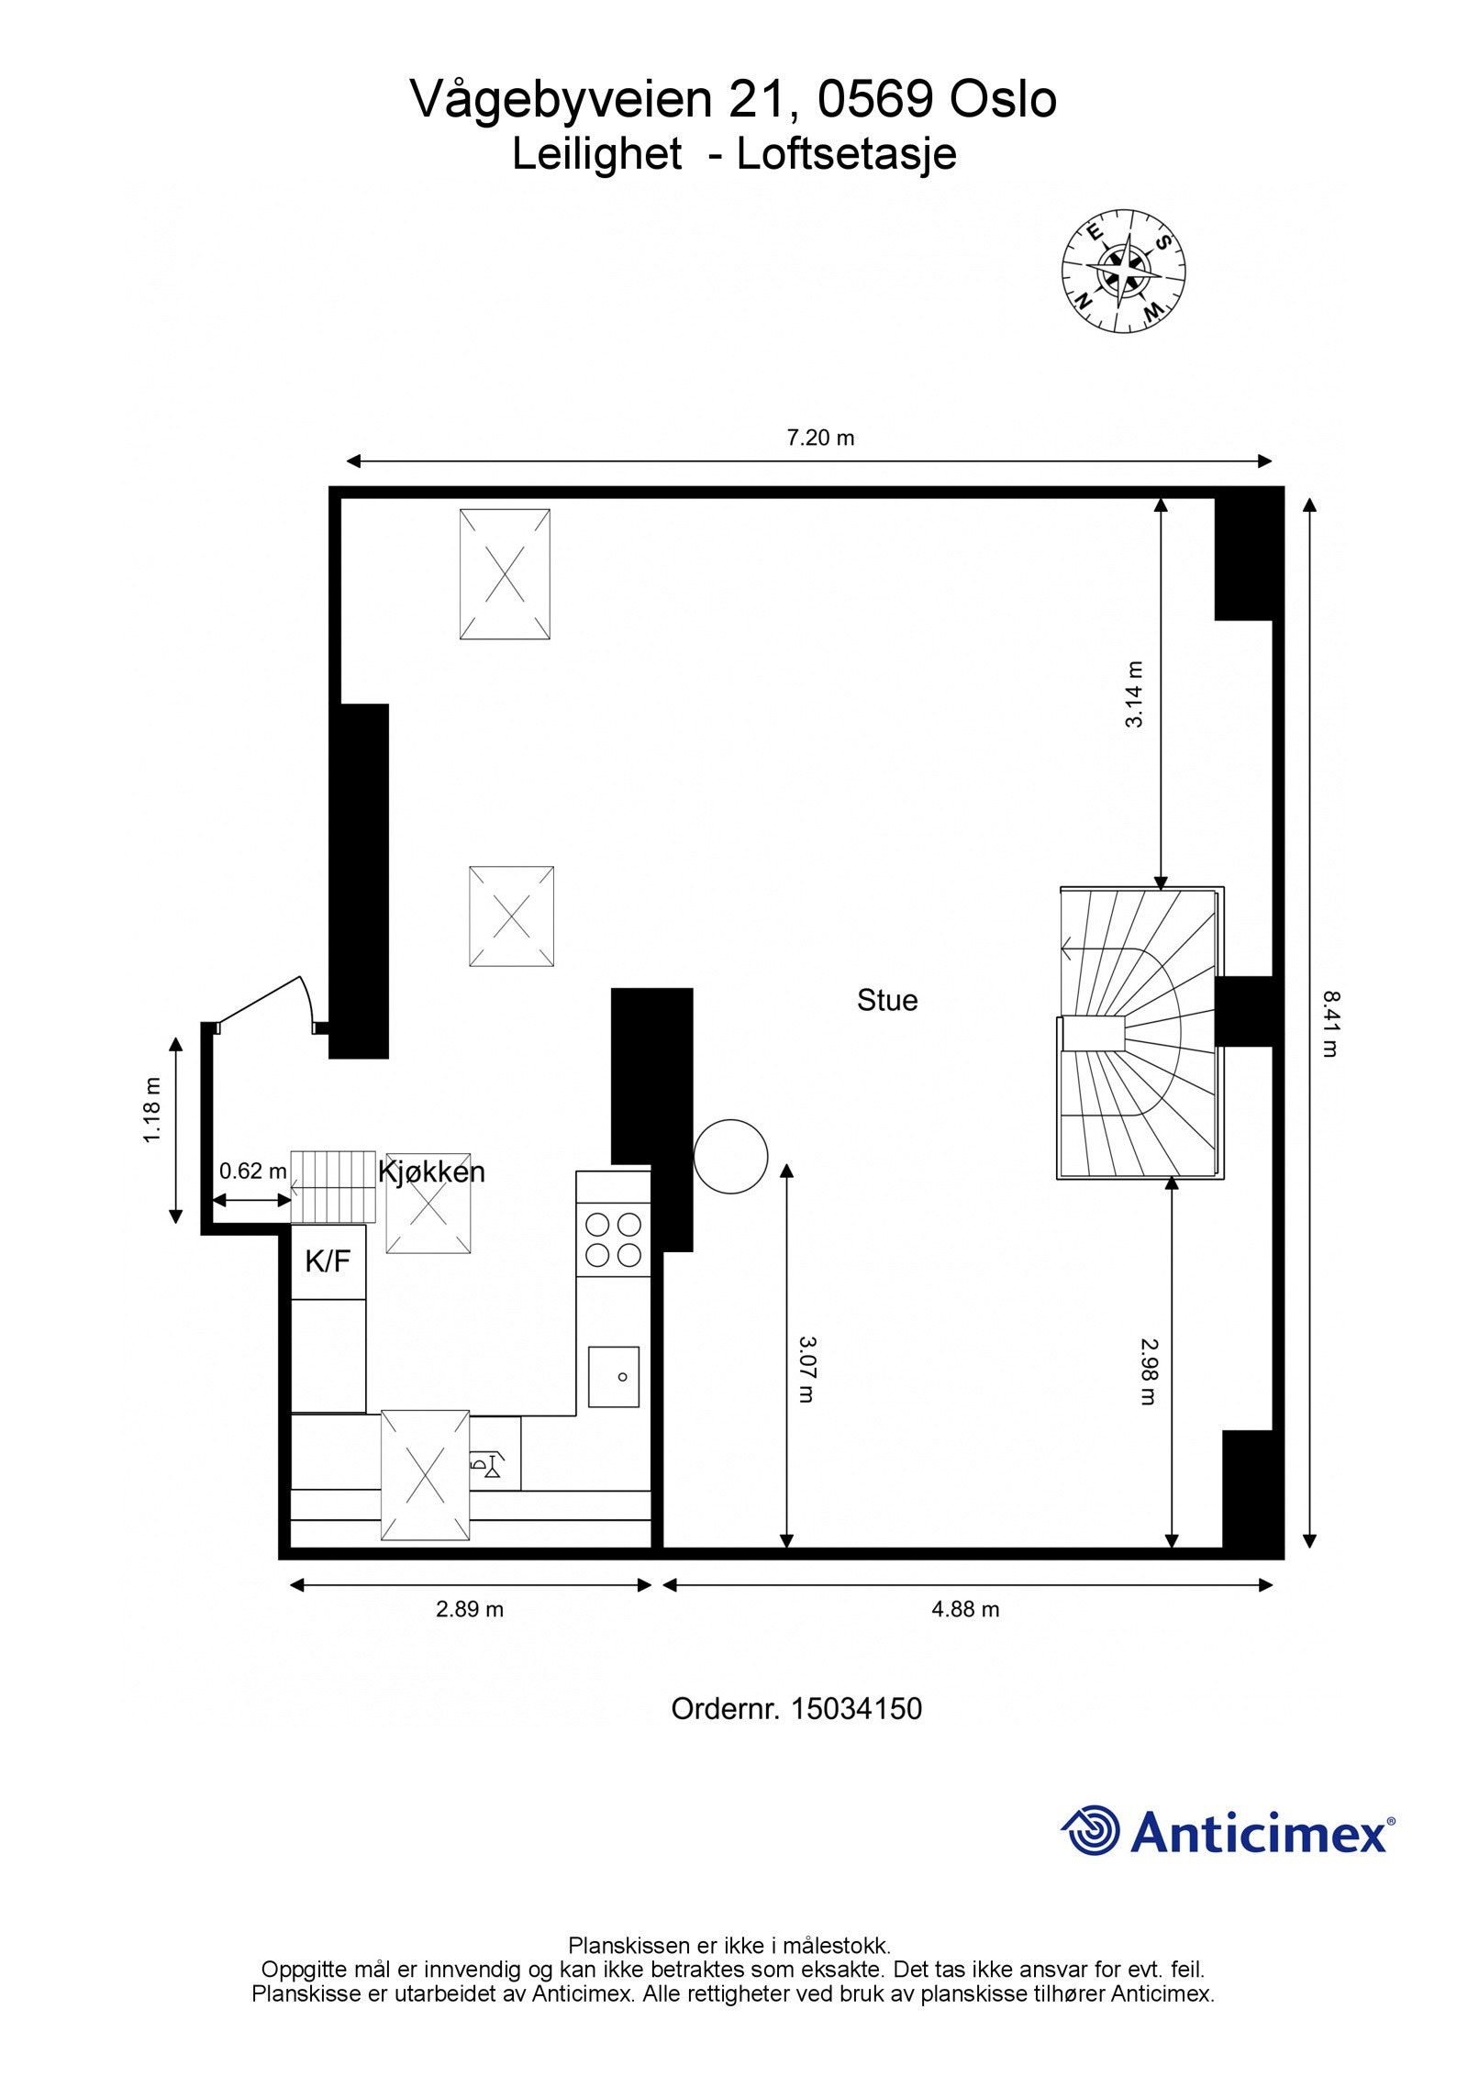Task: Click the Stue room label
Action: coord(886,1000)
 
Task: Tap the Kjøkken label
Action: coord(431,1171)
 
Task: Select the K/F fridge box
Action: coord(328,1261)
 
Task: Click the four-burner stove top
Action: coord(613,1238)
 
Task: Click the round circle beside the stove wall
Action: coord(729,1157)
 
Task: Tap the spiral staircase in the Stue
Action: coord(1140,1033)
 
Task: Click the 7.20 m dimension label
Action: coord(820,438)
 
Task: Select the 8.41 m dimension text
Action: coord(1329,1023)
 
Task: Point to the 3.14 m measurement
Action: coord(1135,694)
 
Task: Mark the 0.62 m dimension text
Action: coord(252,1171)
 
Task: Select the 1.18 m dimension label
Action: coord(152,1110)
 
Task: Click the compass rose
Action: coord(1123,271)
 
